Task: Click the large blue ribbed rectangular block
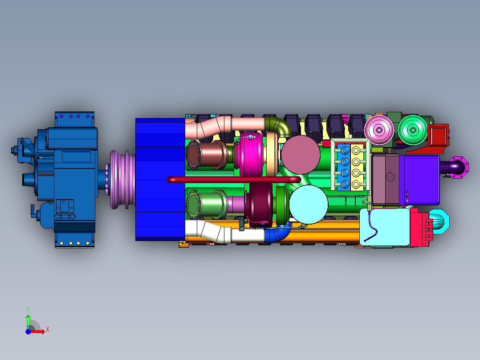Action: [160, 179]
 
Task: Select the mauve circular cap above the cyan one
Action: [301, 155]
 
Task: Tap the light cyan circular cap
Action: [308, 205]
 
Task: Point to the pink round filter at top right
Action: [379, 130]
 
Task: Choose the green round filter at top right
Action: [413, 130]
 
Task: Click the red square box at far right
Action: [439, 135]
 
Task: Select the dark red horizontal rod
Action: [234, 179]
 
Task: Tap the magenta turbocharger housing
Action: [251, 155]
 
